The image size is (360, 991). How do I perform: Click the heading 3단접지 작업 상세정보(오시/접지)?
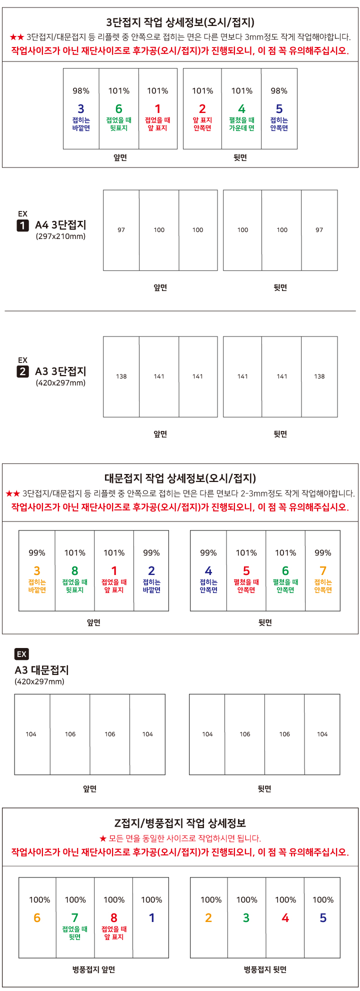coord(180,22)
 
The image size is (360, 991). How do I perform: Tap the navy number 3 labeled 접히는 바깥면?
coord(81,108)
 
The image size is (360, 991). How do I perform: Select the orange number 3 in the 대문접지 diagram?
coord(37,570)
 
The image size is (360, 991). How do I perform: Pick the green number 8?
coord(75,570)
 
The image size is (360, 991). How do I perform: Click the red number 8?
coord(114,917)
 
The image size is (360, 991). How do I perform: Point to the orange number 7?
coord(323,570)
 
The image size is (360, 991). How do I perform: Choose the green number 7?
coord(75,917)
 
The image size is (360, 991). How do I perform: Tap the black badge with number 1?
coord(22,225)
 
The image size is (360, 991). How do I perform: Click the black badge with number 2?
coord(22,371)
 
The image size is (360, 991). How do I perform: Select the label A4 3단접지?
coord(60,225)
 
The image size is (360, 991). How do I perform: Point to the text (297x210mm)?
coord(60,236)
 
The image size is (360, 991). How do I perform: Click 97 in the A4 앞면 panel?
coord(121,230)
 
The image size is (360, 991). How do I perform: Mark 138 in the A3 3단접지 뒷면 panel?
coord(319,376)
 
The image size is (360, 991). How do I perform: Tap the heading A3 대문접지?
coord(41,670)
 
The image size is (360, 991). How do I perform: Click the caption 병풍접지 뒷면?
coord(265,969)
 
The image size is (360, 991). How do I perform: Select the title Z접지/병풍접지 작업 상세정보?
coord(180,823)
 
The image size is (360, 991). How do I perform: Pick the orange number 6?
coord(37,917)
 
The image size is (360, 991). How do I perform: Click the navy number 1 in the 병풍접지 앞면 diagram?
coord(151,917)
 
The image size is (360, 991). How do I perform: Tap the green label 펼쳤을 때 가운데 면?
coord(242,124)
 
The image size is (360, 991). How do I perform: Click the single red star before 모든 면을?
coord(102,838)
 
